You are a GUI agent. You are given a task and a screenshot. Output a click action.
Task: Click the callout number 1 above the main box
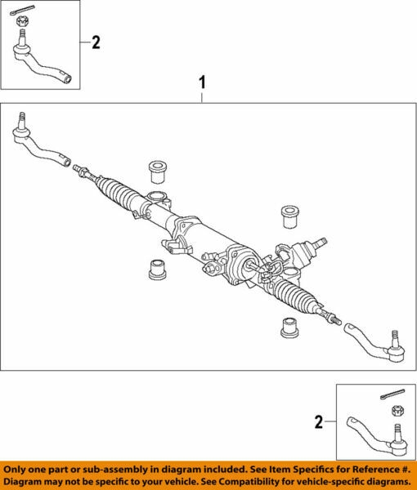tap(203, 83)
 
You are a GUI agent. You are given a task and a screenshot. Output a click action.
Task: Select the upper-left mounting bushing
tap(157, 172)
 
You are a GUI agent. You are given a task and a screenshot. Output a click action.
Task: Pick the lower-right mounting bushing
tap(289, 327)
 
